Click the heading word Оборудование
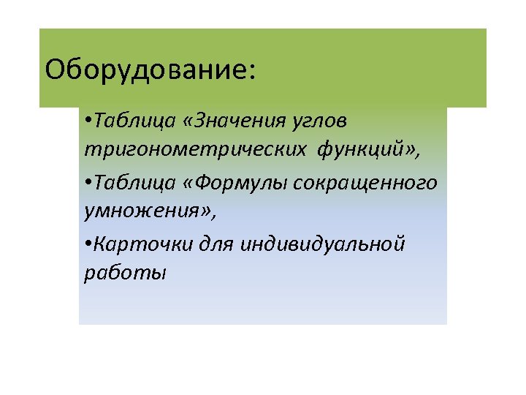pos(145,70)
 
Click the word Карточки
pos(136,244)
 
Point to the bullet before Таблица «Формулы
pos(88,183)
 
